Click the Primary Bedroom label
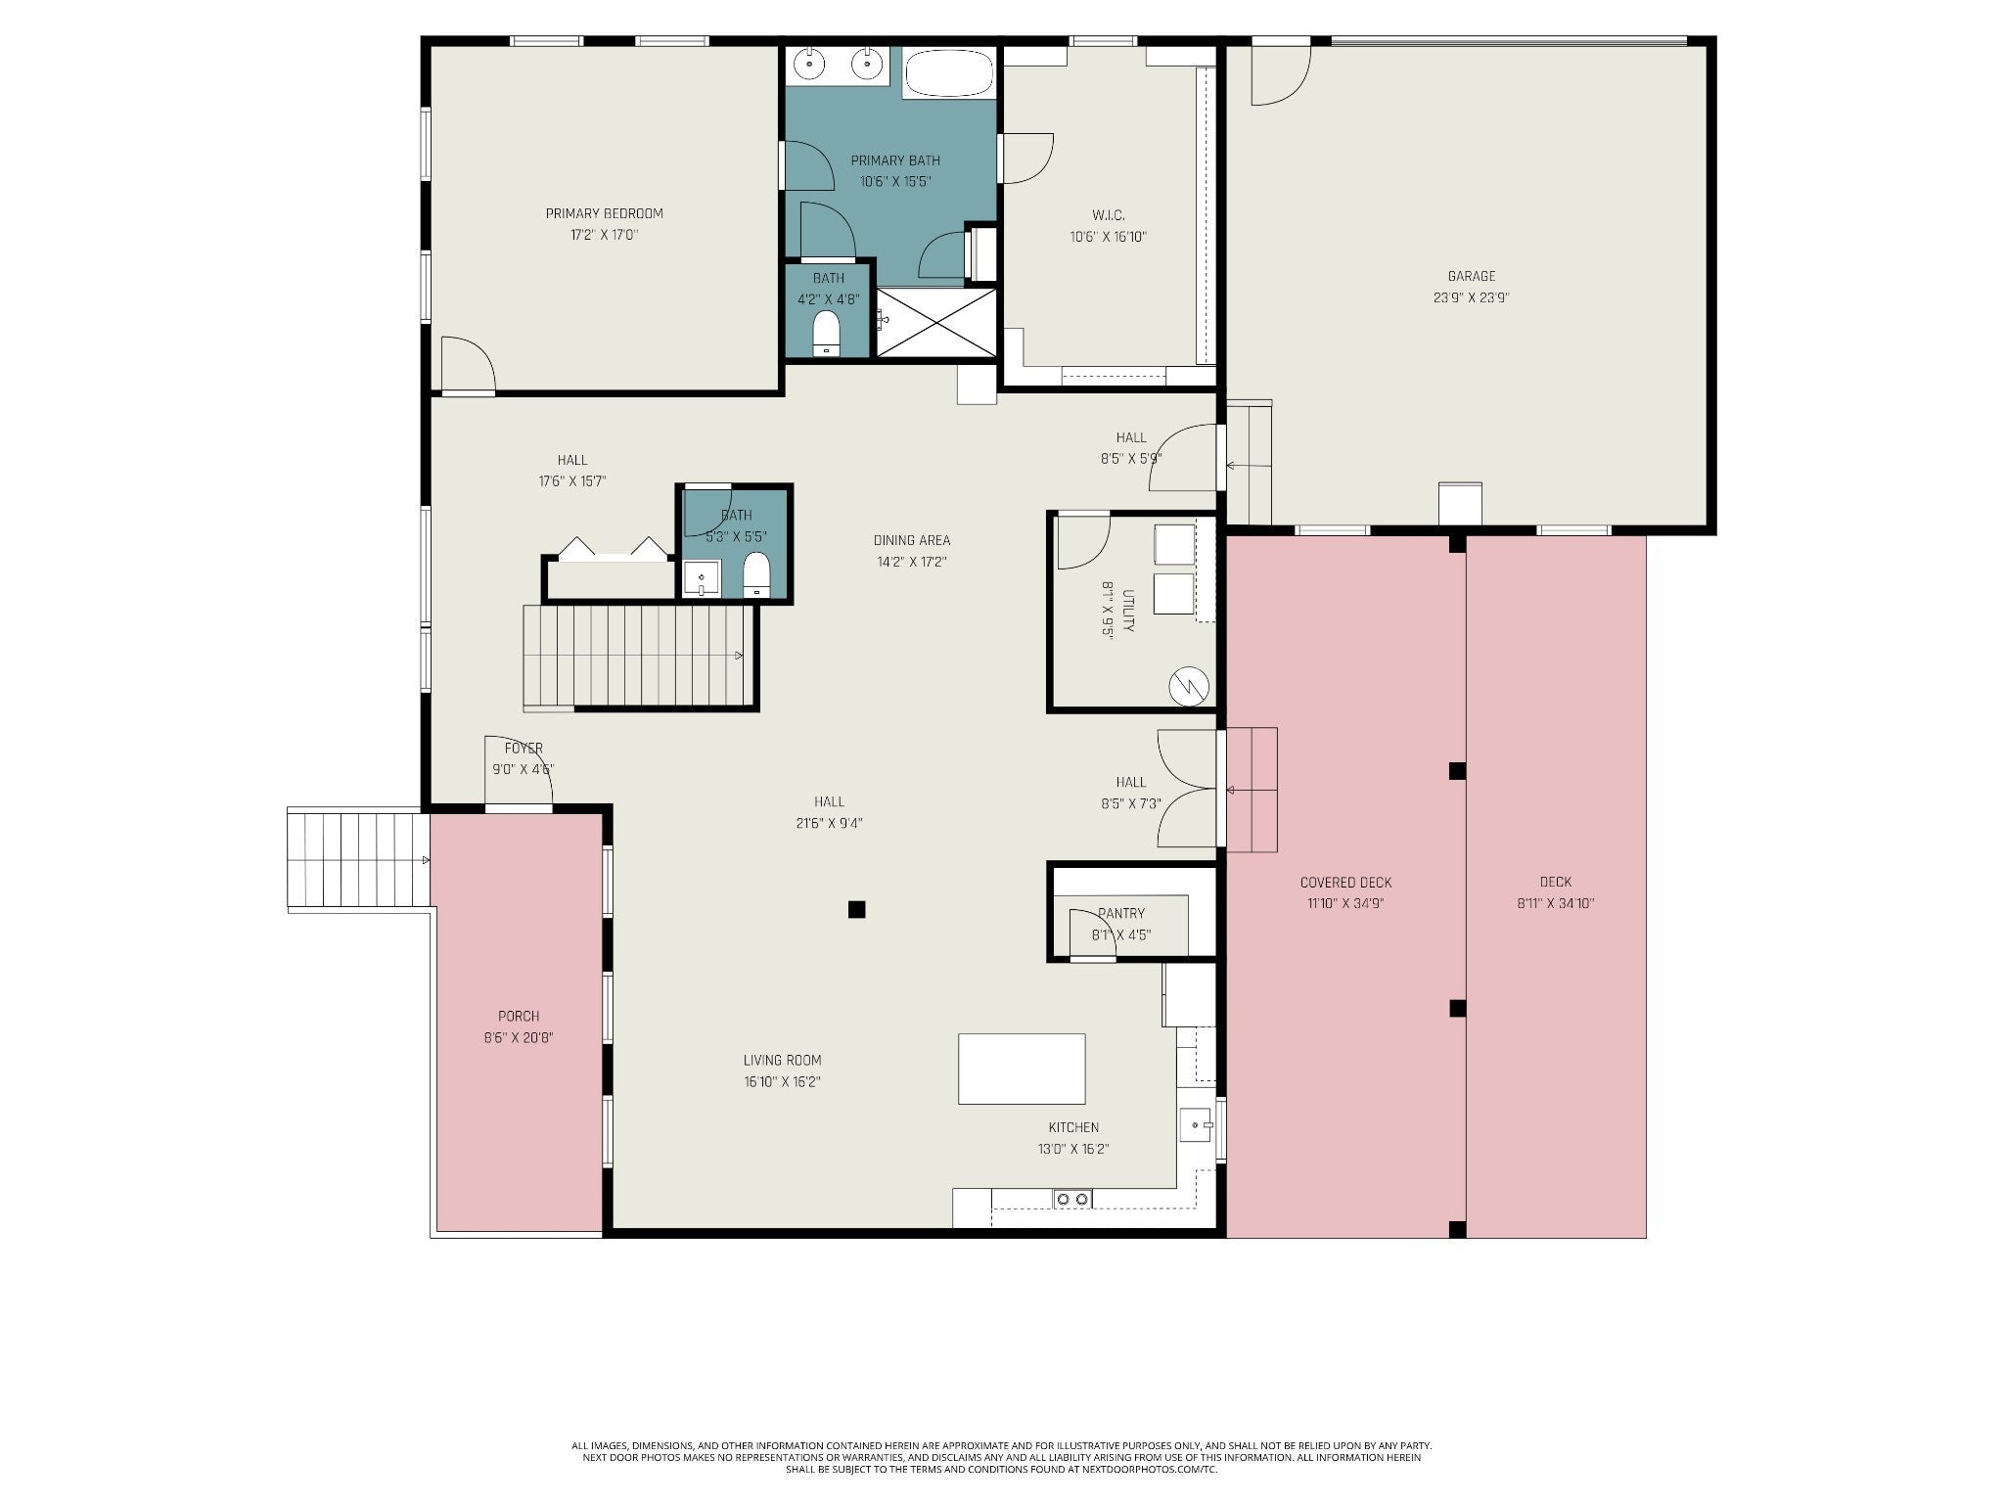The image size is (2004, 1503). pyautogui.click(x=604, y=213)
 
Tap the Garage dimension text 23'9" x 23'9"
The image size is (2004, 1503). pyautogui.click(x=1471, y=297)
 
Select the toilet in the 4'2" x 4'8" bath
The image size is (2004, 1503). pyautogui.click(x=827, y=334)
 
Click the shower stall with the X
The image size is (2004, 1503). pyautogui.click(x=936, y=322)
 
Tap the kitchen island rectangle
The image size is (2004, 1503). pyautogui.click(x=1022, y=1069)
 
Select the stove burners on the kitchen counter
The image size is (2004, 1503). pyautogui.click(x=1072, y=1199)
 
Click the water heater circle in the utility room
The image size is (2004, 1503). pyautogui.click(x=1189, y=685)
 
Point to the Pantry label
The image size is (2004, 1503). pyautogui.click(x=1121, y=913)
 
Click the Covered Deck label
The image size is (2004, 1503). pyautogui.click(x=1345, y=882)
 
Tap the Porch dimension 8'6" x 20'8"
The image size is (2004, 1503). pyautogui.click(x=519, y=1037)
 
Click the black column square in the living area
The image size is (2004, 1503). pyautogui.click(x=857, y=909)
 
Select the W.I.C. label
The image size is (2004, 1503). pyautogui.click(x=1108, y=214)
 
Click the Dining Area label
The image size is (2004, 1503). pyautogui.click(x=912, y=540)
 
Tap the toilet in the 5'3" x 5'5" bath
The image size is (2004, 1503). pyautogui.click(x=757, y=574)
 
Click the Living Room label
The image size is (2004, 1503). pyautogui.click(x=782, y=1060)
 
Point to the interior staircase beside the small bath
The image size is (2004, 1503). pyautogui.click(x=640, y=656)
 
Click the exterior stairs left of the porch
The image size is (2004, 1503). pyautogui.click(x=358, y=860)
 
